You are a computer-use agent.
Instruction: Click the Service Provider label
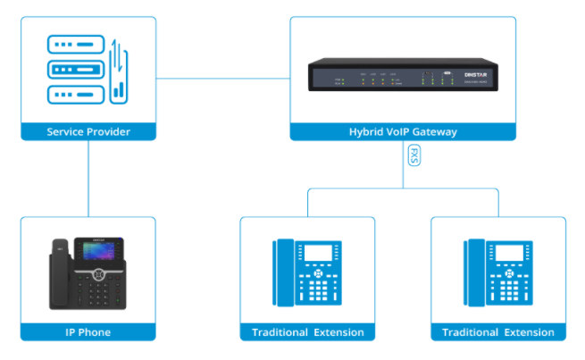tap(88, 132)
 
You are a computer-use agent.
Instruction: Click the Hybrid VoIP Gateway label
tap(402, 132)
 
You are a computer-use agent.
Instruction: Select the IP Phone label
tap(88, 332)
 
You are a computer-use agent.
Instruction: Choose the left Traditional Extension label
tap(307, 332)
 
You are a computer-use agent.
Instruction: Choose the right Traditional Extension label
tap(497, 332)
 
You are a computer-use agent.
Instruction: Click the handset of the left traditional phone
tap(285, 272)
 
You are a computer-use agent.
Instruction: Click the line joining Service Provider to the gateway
tap(222, 78)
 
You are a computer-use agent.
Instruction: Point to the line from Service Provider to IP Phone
tap(88, 179)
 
